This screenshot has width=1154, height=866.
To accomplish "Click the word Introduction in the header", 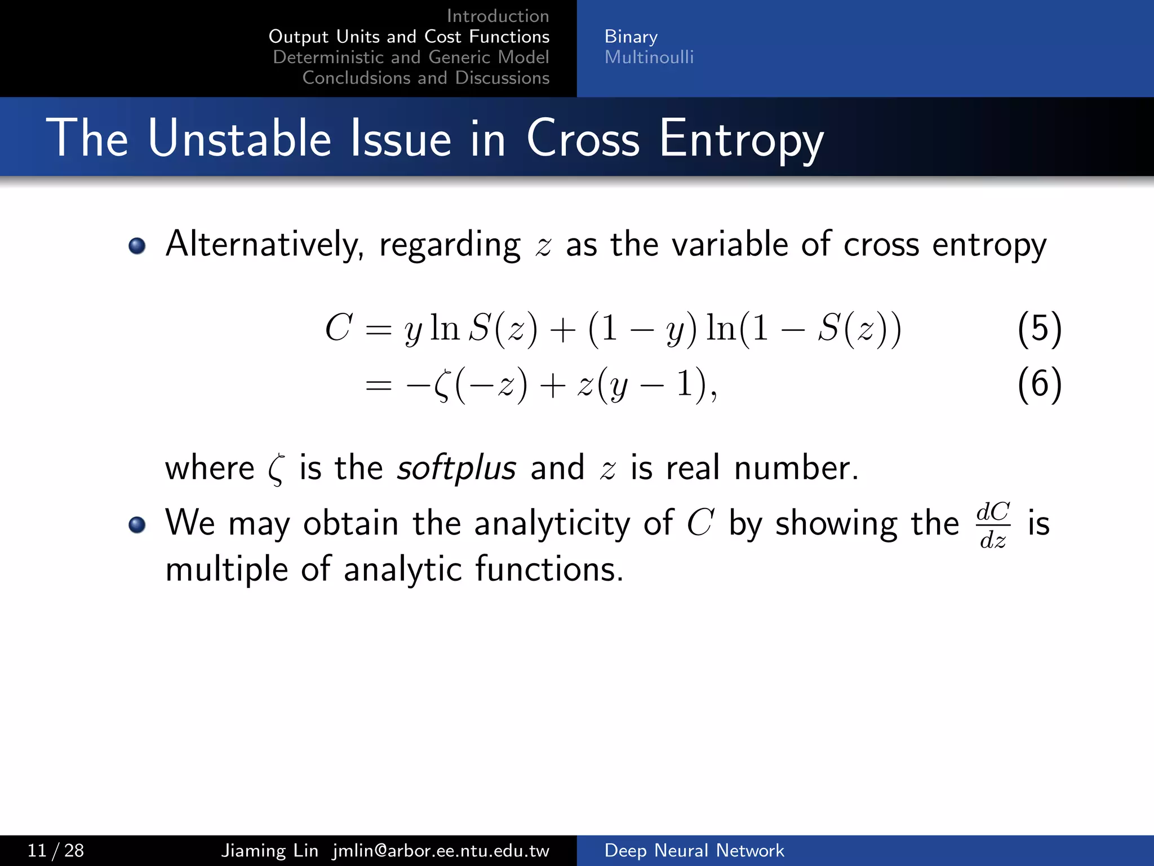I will click(x=498, y=16).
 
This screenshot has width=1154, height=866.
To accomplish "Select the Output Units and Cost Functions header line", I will click(x=409, y=37).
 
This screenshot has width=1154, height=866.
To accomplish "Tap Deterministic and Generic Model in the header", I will click(x=411, y=57).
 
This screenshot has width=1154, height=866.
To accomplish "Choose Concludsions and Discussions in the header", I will click(x=425, y=78).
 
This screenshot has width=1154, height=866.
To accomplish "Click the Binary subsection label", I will click(x=631, y=37).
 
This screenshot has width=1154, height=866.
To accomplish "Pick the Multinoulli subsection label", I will click(x=649, y=57).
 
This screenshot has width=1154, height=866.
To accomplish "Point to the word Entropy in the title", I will click(x=740, y=139).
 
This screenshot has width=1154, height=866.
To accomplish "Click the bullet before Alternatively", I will click(x=137, y=246).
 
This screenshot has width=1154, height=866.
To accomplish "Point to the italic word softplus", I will click(x=456, y=468).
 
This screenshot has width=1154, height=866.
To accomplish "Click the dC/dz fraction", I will click(x=993, y=525).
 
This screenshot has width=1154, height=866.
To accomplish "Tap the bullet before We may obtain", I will click(x=137, y=525).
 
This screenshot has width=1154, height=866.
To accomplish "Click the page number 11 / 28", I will click(x=56, y=850).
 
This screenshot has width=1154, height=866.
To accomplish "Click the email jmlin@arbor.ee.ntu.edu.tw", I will click(x=441, y=850).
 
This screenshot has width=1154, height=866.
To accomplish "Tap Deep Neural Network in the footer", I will click(x=694, y=850).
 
